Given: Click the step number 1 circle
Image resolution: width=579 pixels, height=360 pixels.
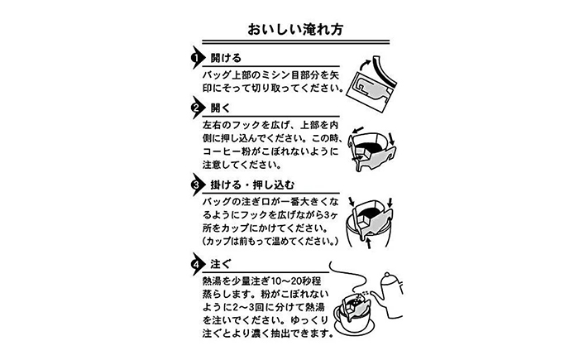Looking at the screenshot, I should (x=197, y=60).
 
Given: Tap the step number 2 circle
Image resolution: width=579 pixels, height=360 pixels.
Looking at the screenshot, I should (x=197, y=108).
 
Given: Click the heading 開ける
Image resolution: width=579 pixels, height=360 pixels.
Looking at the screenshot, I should (x=225, y=60).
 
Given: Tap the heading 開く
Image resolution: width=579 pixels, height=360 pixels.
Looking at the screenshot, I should (x=219, y=108).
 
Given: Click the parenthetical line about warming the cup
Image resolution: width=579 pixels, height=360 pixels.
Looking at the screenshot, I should (x=266, y=242).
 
